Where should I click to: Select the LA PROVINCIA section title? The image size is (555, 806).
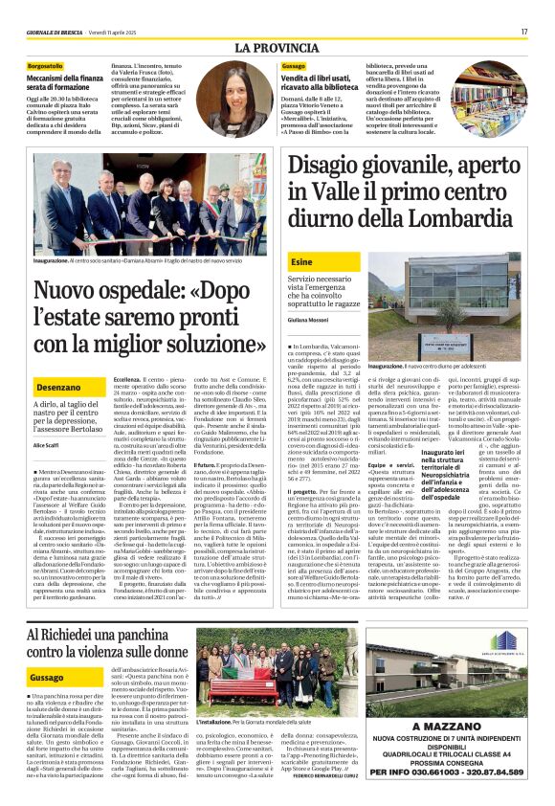277,48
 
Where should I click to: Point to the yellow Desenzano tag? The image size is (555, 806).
58,386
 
